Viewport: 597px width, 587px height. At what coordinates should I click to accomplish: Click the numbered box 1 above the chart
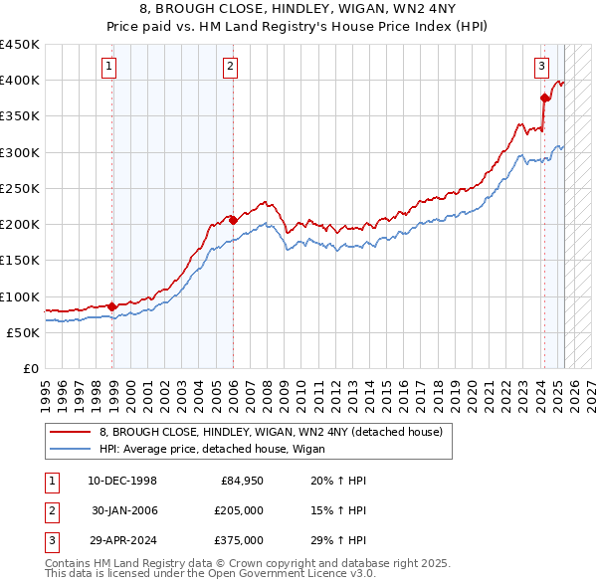(x=107, y=67)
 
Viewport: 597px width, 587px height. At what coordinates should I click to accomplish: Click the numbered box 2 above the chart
(x=230, y=67)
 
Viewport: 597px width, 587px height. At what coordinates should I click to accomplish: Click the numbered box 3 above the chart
(x=541, y=67)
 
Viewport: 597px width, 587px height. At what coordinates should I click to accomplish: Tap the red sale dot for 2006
(x=233, y=221)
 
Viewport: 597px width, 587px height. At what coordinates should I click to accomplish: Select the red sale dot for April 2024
(x=544, y=98)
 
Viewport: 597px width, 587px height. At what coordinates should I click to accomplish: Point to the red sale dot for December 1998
(x=111, y=306)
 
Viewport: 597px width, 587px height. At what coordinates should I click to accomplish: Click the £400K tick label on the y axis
(x=20, y=81)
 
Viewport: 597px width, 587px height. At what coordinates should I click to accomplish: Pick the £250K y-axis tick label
(x=20, y=188)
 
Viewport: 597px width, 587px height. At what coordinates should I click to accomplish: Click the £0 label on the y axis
(x=30, y=368)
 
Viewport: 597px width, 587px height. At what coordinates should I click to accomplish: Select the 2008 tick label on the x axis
(x=267, y=391)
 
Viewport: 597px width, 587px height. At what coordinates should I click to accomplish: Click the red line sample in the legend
(x=69, y=432)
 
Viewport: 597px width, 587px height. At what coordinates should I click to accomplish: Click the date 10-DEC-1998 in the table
(x=122, y=481)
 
